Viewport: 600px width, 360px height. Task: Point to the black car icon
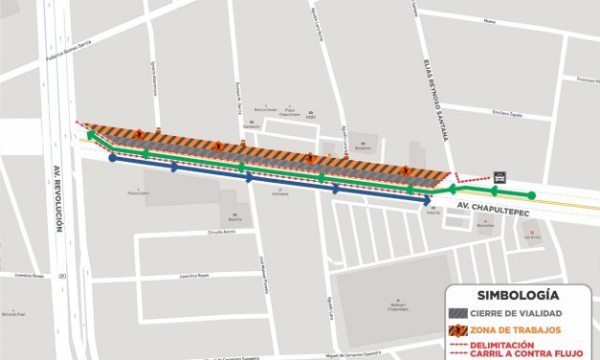(499, 177)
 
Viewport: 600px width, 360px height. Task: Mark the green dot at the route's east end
(532, 196)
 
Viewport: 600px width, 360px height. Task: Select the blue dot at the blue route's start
(113, 158)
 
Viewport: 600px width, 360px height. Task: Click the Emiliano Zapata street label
(507, 113)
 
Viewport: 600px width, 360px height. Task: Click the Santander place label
(252, 126)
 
